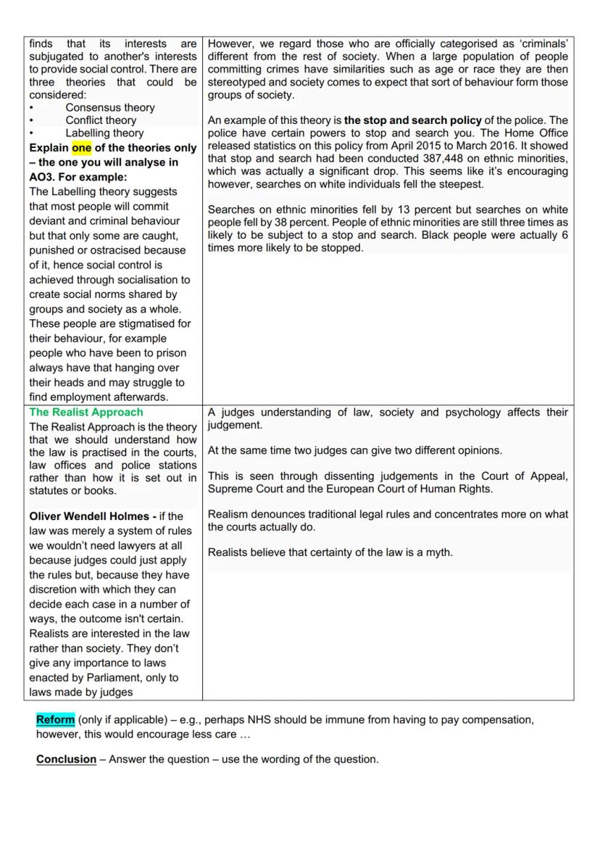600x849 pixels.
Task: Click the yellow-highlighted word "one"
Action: coord(82,148)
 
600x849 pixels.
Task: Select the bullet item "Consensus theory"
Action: coord(110,107)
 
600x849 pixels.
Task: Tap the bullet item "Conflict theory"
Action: coord(101,120)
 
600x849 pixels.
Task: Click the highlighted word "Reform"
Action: coord(56,720)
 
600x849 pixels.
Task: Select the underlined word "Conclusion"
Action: coord(66,759)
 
